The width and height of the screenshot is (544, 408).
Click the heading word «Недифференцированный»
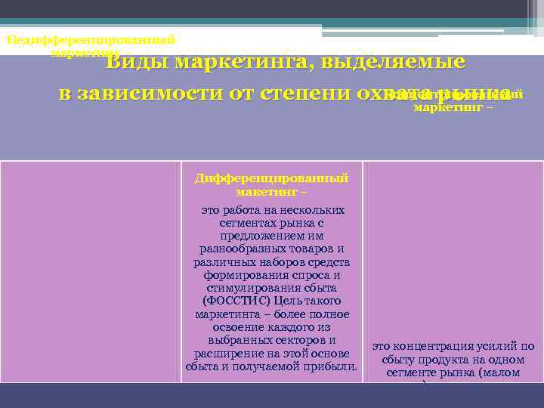point(91,39)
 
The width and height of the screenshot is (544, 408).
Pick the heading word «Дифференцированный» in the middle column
point(271,178)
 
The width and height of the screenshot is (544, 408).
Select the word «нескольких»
point(311,210)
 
